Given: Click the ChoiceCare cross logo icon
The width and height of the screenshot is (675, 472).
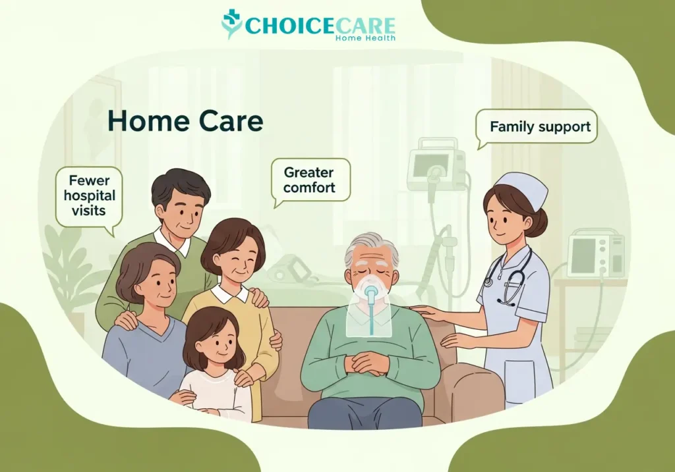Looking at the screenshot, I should pos(232,24).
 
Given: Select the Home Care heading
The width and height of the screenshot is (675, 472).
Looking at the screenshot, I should pos(185,122).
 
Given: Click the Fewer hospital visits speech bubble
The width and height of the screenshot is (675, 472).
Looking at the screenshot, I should pos(88,196).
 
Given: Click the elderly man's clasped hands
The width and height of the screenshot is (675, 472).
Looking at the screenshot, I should pos(370,362).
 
